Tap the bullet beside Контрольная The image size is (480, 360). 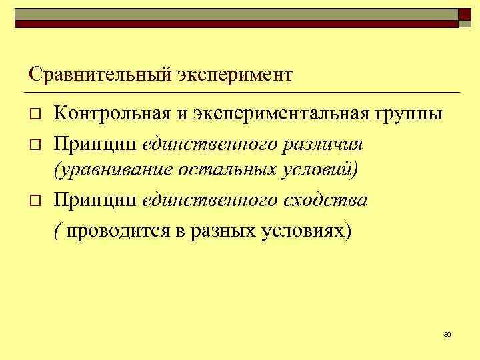tap(36, 115)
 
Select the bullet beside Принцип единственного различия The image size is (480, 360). tap(36, 143)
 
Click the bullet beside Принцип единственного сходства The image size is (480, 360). tap(36, 201)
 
